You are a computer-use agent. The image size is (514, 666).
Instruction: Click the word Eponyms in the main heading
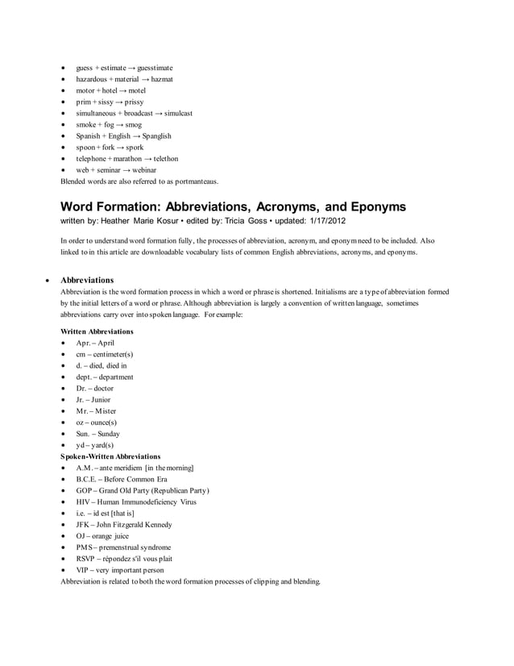[366, 207]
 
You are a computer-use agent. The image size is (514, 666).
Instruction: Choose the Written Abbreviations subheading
[97, 331]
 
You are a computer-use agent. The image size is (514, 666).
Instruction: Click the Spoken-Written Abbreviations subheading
[110, 456]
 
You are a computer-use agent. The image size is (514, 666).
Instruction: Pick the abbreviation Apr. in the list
[84, 343]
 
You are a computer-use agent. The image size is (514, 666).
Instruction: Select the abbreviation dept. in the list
[85, 377]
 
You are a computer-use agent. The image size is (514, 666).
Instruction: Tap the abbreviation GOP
[84, 490]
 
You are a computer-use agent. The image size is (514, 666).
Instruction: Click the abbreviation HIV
[84, 502]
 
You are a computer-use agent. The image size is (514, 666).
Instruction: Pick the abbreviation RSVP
[86, 558]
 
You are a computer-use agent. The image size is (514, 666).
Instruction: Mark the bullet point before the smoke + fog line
[63, 125]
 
